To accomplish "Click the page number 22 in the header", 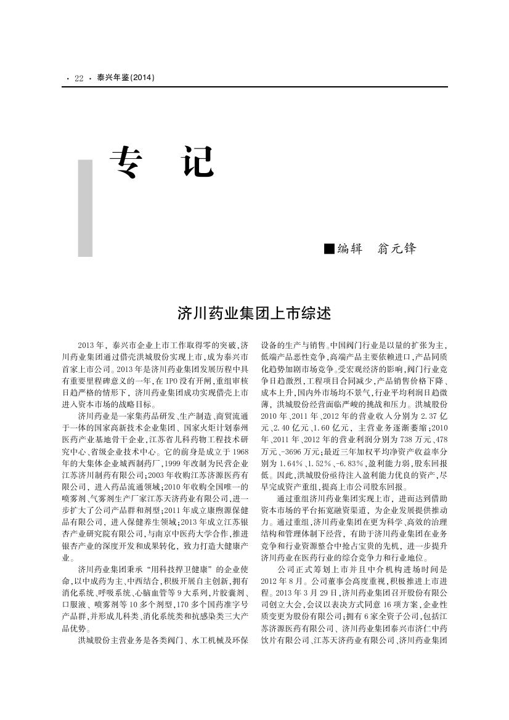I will [79, 78].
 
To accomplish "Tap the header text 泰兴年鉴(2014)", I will [125, 78].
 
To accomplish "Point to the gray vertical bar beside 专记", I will [85, 208].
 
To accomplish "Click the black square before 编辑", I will [329, 248].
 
